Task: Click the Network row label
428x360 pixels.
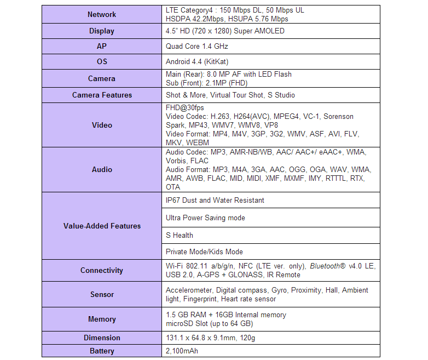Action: (102, 15)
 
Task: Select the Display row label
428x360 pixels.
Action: (102, 31)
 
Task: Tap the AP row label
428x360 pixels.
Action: (102, 47)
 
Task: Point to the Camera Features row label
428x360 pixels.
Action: (102, 95)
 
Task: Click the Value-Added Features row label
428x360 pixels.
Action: (102, 226)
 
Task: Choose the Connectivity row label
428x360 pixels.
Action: (102, 271)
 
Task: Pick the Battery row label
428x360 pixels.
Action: (102, 351)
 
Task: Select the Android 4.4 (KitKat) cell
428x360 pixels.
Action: (197, 62)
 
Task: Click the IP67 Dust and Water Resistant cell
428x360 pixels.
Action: (215, 201)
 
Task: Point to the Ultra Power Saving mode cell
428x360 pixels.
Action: (205, 218)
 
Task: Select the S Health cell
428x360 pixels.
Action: (180, 236)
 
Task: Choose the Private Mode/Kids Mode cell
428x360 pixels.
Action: (204, 252)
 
